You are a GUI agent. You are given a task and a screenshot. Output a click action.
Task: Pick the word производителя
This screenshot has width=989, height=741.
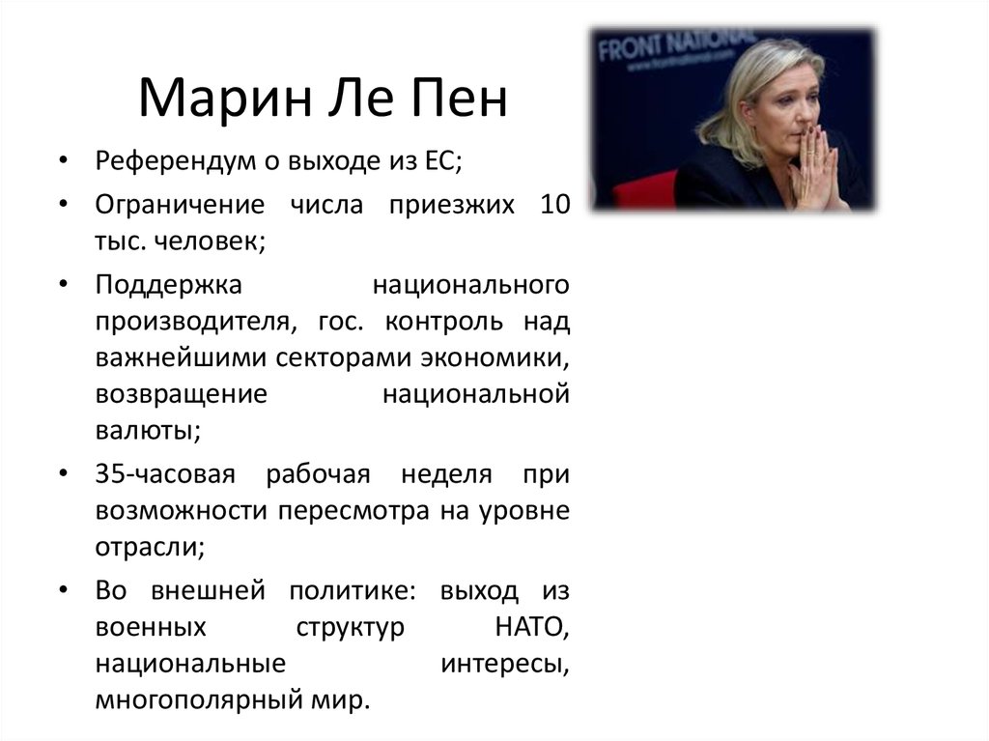pyautogui.click(x=189, y=320)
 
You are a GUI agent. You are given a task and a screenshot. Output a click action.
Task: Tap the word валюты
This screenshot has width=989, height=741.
pyautogui.click(x=147, y=431)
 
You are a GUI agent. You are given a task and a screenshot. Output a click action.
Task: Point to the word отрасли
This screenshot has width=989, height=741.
pyautogui.click(x=149, y=547)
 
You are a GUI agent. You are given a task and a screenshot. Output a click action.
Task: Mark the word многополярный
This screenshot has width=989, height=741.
pyautogui.click(x=205, y=699)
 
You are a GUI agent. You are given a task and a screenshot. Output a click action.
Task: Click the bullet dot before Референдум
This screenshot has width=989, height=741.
pyautogui.click(x=63, y=162)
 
